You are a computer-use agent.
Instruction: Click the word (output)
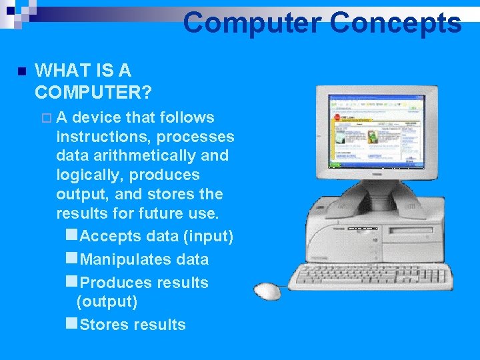[107, 301]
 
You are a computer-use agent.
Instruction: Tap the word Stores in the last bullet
[104, 325]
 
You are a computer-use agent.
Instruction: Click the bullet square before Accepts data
[72, 235]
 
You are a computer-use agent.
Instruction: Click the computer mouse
[269, 291]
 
